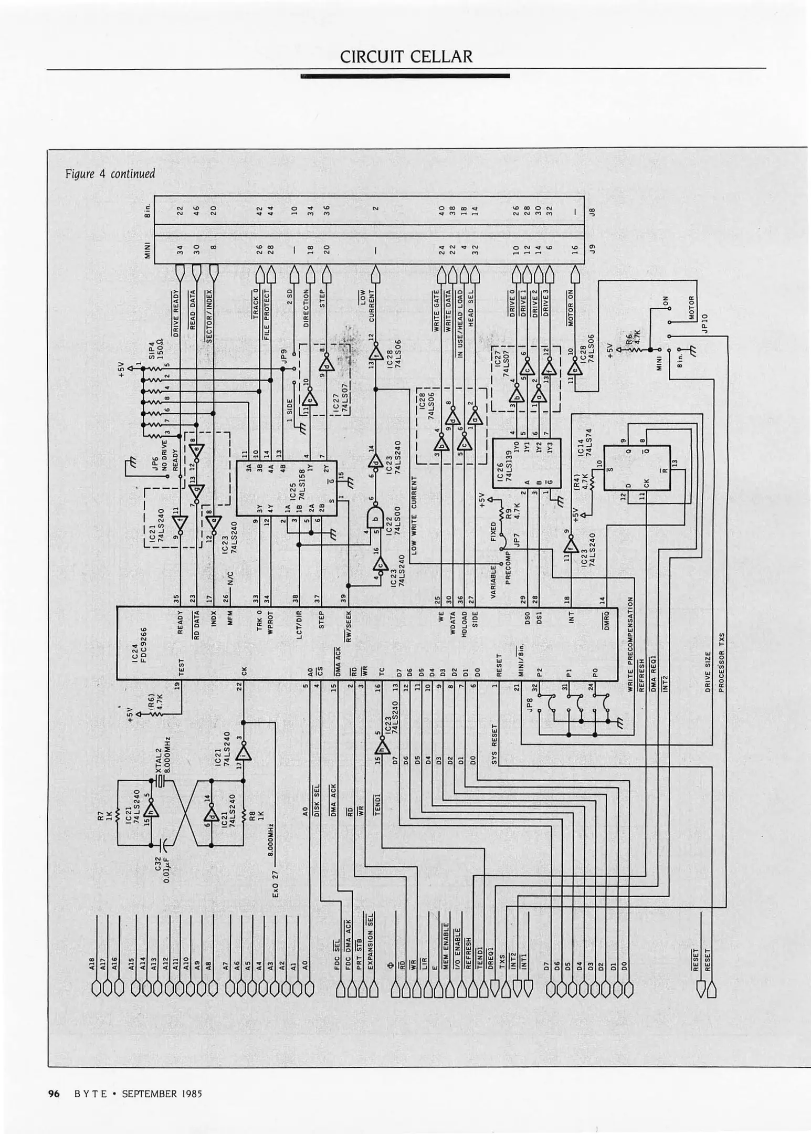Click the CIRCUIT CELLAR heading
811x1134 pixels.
[x=406, y=57]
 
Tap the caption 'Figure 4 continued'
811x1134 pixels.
[x=110, y=173]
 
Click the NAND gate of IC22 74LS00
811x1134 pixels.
[x=374, y=519]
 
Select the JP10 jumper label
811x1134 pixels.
[x=704, y=323]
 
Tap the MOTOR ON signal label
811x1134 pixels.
[x=571, y=308]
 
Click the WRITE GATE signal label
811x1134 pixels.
[x=436, y=311]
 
